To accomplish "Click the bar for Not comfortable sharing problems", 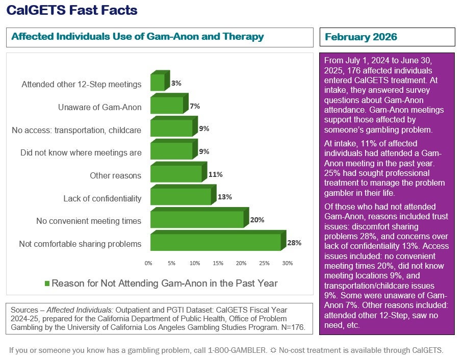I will [x=215, y=242].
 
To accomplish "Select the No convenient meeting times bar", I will [x=197, y=219].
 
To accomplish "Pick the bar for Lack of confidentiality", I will [x=180, y=196].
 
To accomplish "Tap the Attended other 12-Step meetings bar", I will [x=158, y=83].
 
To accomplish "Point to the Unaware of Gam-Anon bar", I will [x=167, y=106].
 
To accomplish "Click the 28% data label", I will [x=294, y=243].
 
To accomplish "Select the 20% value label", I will [x=257, y=220].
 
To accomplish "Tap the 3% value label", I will [x=176, y=83].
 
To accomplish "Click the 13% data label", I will [x=224, y=197].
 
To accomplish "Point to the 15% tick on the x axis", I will [x=218, y=264].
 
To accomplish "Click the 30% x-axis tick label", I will [x=288, y=264].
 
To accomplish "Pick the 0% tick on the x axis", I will [x=148, y=264].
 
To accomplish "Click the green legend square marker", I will [x=47, y=284].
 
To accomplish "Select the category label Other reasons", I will [x=115, y=176].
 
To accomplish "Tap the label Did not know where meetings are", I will [x=81, y=153].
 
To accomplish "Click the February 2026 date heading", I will [x=361, y=37].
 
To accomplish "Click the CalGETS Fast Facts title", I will [x=71, y=10].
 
